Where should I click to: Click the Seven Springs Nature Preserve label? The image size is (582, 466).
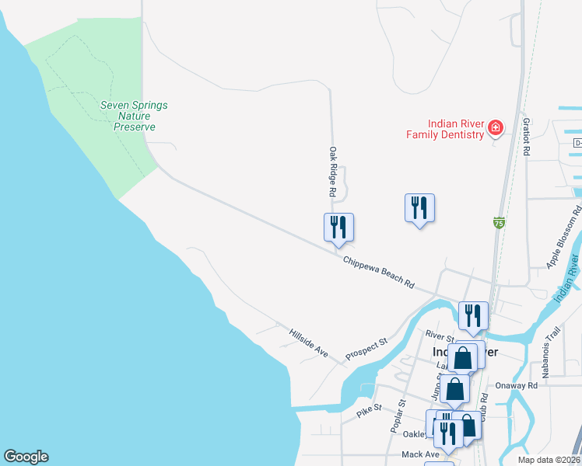click(134, 116)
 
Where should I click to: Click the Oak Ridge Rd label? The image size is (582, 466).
click(332, 171)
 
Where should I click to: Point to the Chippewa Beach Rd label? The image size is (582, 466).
click(379, 271)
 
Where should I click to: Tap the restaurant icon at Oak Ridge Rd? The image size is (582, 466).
click(338, 227)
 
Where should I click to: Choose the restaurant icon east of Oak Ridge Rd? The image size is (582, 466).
click(419, 207)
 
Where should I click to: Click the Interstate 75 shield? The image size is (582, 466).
click(499, 223)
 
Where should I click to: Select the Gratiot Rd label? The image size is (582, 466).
click(527, 137)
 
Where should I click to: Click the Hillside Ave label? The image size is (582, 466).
click(309, 342)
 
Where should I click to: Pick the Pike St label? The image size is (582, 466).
click(369, 408)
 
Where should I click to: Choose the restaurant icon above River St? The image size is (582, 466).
click(473, 315)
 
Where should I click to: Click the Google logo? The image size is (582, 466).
click(26, 457)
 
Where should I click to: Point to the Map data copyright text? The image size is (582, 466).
click(549, 460)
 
